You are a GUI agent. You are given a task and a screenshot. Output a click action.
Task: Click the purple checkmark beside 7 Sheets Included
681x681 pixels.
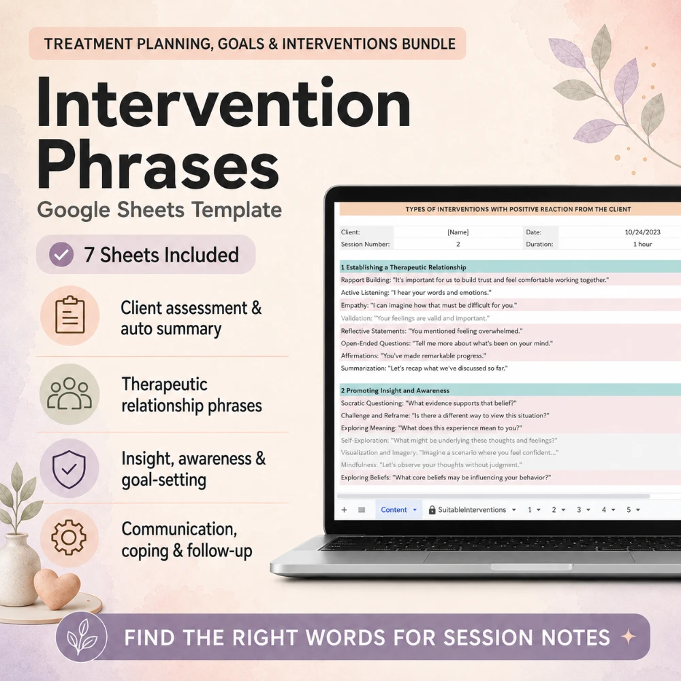[61, 255]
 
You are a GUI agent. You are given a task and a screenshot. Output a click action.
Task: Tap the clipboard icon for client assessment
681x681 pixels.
[69, 315]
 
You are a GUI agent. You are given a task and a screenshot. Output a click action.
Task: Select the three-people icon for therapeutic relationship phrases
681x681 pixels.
[69, 394]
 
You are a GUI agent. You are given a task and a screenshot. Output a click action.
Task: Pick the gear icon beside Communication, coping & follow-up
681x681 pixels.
[69, 537]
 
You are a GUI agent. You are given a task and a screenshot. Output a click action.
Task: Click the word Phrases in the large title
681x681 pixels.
[159, 166]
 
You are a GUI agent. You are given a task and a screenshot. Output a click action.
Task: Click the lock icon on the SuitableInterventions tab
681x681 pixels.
[432, 510]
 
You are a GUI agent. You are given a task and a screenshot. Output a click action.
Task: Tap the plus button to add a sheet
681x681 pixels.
[344, 510]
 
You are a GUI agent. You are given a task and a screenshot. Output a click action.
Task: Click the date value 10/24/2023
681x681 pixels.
[642, 232]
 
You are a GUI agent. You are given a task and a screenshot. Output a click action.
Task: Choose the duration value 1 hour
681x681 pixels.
[642, 244]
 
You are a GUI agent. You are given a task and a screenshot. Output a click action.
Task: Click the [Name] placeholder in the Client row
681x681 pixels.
[458, 232]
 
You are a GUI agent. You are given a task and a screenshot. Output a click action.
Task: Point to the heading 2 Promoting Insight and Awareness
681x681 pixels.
[395, 390]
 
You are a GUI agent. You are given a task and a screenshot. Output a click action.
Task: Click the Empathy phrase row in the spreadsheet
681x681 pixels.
[428, 305]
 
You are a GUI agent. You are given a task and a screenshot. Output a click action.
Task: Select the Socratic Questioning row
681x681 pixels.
[428, 403]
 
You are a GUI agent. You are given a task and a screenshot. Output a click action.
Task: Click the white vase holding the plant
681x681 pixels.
[18, 569]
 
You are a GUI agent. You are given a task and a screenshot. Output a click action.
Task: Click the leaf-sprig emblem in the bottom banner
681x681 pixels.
[82, 637]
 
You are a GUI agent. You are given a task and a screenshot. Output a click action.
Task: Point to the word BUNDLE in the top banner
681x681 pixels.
[428, 44]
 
